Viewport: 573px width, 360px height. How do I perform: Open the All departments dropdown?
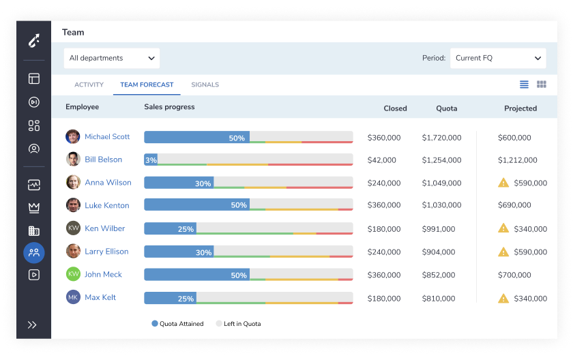tap(111, 58)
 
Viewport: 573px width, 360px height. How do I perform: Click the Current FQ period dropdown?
tap(498, 58)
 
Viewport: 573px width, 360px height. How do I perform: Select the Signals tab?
tap(205, 85)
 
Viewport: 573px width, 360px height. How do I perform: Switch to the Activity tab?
tap(89, 85)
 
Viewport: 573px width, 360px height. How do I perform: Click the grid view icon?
tap(541, 85)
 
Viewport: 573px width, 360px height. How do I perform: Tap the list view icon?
tap(524, 85)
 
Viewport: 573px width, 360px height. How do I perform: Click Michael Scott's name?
tap(107, 136)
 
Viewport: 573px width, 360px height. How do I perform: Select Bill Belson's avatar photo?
tap(73, 159)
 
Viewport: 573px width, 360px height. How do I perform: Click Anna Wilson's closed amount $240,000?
tap(383, 183)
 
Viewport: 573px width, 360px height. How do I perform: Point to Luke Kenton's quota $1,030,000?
tap(441, 205)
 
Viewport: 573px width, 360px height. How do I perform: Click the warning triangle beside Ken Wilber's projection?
tap(503, 228)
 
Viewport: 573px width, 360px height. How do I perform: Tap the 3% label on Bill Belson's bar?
tap(151, 160)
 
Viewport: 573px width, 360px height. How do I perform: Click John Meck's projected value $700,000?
tap(514, 275)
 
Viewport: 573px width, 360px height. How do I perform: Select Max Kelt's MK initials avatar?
tap(73, 297)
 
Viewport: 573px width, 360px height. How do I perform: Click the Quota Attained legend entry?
tap(177, 323)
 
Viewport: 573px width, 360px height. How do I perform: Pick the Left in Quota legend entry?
tap(238, 323)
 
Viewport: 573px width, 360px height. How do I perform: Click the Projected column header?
tap(520, 108)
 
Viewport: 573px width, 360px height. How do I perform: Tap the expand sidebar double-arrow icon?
tap(32, 325)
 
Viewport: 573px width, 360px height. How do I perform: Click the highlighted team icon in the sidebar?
tap(34, 253)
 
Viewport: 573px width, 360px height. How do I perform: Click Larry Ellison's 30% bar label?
tap(203, 253)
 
